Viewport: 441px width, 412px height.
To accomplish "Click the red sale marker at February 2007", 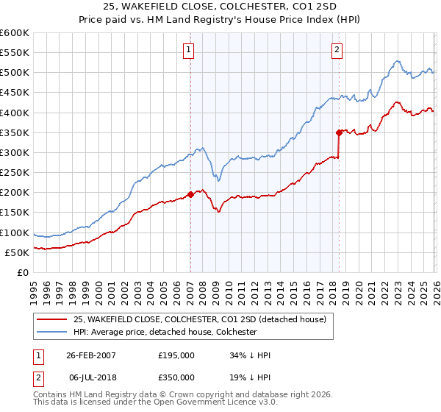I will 190,194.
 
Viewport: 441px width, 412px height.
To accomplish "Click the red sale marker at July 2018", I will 339,132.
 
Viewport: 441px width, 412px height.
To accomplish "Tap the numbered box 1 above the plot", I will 190,50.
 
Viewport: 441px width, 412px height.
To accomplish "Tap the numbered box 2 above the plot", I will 337,50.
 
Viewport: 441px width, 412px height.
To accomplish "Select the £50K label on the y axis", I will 18,252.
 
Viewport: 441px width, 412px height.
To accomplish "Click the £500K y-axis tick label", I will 15,72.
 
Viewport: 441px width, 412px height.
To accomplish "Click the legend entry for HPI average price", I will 165,332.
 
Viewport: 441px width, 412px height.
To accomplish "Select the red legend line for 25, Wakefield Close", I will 51,319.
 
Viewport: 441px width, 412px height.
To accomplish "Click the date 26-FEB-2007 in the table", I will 91,355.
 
